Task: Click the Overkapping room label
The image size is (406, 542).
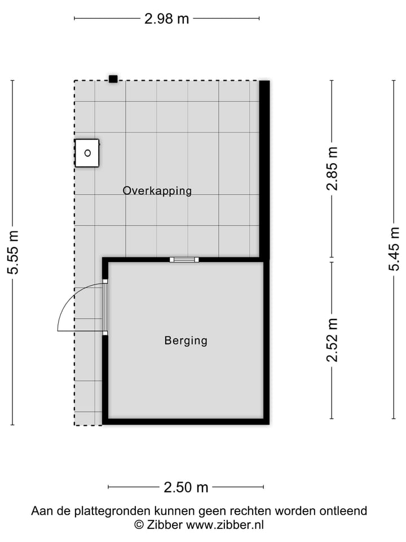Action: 157,191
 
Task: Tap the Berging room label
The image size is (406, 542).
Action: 186,340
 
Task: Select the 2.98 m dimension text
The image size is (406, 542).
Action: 167,19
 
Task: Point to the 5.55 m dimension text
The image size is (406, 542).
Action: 12,252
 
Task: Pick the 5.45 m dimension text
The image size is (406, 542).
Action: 394,250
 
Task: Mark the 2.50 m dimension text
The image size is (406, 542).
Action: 186,487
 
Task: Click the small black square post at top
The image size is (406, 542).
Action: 113,79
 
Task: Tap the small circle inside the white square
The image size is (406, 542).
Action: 87,152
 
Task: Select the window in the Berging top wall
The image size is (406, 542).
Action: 184,260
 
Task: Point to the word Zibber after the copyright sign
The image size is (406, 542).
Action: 164,525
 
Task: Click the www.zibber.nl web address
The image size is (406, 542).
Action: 225,525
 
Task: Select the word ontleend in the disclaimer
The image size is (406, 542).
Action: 342,511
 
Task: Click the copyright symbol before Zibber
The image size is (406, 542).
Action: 139,525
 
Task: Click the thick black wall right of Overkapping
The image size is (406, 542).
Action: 264,169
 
